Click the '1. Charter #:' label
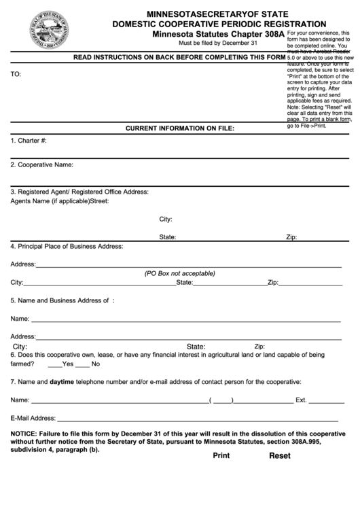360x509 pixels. tap(29, 141)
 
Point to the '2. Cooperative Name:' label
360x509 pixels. tap(41, 164)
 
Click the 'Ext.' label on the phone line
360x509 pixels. tap(302, 400)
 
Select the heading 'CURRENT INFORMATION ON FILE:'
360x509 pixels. tap(180, 127)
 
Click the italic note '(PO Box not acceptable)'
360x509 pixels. tap(179, 273)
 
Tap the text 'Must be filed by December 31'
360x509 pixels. tap(217, 43)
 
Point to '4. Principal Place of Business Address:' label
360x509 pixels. tap(66, 246)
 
